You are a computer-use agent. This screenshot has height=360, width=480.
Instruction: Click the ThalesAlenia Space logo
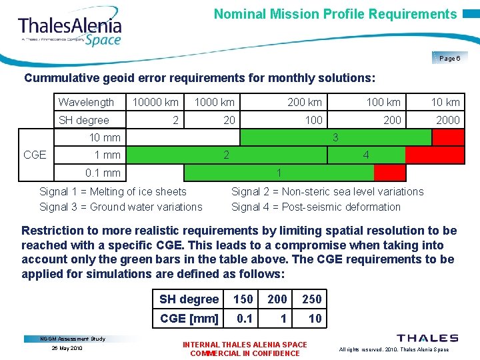tap(70, 30)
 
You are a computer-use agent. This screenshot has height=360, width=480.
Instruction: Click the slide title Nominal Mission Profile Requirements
tap(335, 14)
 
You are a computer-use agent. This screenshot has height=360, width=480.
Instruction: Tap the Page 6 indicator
tap(449, 59)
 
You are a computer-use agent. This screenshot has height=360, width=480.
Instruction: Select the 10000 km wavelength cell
tap(155, 102)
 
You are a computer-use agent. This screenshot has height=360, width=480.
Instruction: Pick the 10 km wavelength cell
tap(445, 102)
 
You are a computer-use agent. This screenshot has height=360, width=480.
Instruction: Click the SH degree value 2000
tap(447, 120)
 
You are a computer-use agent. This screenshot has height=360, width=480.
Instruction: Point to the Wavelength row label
tap(86, 102)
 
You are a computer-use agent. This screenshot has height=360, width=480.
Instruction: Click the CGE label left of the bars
tap(35, 155)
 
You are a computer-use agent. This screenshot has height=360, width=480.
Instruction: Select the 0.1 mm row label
tap(103, 173)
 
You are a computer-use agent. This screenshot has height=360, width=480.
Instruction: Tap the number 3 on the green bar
tap(335, 137)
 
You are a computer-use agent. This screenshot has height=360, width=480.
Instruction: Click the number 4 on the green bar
tap(366, 155)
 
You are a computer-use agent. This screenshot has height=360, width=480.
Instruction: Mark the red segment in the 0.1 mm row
tap(389, 173)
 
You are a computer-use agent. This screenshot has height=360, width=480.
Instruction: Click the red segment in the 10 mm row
tap(447, 137)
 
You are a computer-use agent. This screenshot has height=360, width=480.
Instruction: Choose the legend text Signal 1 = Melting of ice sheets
tap(113, 191)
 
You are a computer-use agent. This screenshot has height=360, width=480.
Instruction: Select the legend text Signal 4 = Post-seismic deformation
tap(316, 207)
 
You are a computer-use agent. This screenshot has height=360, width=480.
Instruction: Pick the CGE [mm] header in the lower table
tap(189, 319)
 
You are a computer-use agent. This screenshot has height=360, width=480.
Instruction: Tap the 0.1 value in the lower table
tap(245, 319)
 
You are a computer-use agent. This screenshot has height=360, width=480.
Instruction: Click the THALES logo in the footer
tap(427, 339)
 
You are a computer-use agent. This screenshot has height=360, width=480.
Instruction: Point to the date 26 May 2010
tap(67, 348)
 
